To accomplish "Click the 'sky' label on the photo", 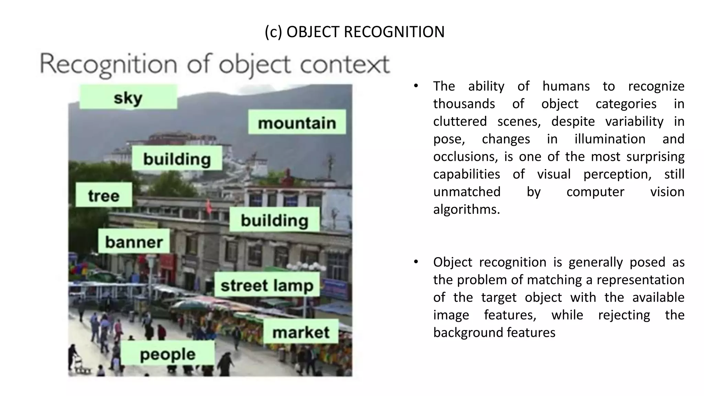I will (128, 98).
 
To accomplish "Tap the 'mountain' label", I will (297, 123).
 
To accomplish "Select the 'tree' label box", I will (103, 195).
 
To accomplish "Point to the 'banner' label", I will (134, 242).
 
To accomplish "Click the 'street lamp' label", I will (267, 285).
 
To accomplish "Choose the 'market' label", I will (301, 332).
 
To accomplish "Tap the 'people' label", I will (168, 354).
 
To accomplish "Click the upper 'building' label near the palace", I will (177, 159).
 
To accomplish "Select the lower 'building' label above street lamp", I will (274, 220).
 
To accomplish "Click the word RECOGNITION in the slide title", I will (394, 32).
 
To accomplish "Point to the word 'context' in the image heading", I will (345, 65).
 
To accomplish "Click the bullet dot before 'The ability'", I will (416, 86).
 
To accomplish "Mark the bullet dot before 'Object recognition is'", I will (416, 262).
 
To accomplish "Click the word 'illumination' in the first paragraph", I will (610, 139).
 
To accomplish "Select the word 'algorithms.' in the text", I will (466, 209).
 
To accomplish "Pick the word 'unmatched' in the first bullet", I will (467, 191).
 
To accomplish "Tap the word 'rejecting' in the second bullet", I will (624, 315).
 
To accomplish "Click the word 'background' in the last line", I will (468, 332).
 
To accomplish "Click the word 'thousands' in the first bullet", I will (464, 103).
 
